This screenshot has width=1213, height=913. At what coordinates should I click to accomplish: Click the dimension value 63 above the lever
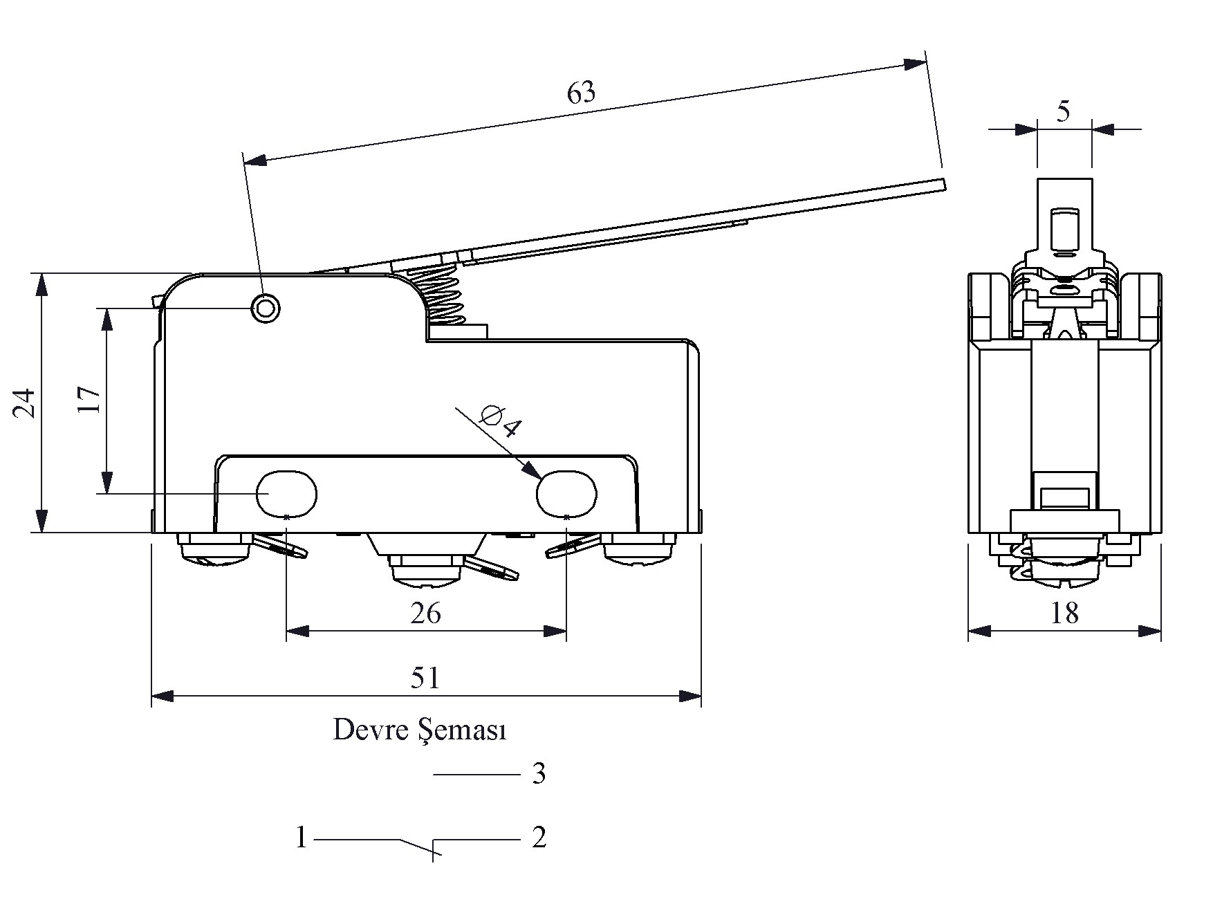point(581,93)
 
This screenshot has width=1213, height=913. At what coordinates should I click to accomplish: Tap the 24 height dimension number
point(25,403)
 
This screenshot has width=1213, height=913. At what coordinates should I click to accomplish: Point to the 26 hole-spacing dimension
point(425,613)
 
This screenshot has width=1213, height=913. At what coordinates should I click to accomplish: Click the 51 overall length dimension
point(425,678)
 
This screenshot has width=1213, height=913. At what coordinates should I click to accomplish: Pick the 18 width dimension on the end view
point(1064,613)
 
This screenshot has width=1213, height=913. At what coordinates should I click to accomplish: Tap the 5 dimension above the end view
point(1064,111)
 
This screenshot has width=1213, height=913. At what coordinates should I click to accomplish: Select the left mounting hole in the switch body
point(287,494)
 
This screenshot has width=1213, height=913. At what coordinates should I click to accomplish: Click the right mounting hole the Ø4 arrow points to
point(566,494)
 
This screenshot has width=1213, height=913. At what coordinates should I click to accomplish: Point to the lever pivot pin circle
point(266,308)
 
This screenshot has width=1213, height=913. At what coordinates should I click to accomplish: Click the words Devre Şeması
point(420,730)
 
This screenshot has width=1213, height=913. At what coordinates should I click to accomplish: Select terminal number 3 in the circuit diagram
point(539,773)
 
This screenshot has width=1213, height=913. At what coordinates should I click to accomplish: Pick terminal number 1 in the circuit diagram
point(302,838)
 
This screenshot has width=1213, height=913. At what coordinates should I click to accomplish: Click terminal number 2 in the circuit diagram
point(539,838)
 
